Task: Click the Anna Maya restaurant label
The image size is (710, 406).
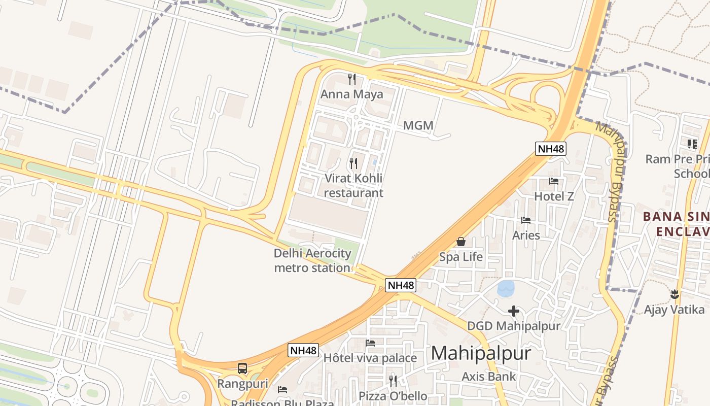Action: [351, 94]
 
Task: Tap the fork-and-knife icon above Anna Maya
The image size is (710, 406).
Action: [352, 79]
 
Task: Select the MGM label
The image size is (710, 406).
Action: [418, 125]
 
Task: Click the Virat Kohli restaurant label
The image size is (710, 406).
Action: [353, 186]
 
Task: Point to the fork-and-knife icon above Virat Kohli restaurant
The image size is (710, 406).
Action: [353, 163]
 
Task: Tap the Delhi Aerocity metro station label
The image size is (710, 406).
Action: [312, 260]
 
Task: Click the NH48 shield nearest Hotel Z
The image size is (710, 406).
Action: [550, 149]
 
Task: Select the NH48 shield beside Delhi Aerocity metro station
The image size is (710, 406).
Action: [401, 285]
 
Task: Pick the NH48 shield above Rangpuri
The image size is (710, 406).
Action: [303, 350]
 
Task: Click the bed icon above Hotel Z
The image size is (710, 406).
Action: [554, 181]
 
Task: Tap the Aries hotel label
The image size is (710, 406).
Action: [526, 235]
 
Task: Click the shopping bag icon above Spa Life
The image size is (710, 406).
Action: [461, 242]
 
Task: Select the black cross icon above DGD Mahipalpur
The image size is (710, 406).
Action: [514, 311]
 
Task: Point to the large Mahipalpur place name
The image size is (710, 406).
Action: [481, 353]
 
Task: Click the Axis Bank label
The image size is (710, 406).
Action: [488, 377]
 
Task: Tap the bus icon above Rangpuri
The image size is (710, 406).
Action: [242, 368]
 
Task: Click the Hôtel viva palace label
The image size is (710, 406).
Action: [370, 358]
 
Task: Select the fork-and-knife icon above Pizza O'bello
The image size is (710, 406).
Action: [393, 381]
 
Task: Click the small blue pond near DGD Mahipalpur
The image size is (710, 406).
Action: [506, 289]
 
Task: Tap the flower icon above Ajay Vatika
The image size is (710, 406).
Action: [674, 294]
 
